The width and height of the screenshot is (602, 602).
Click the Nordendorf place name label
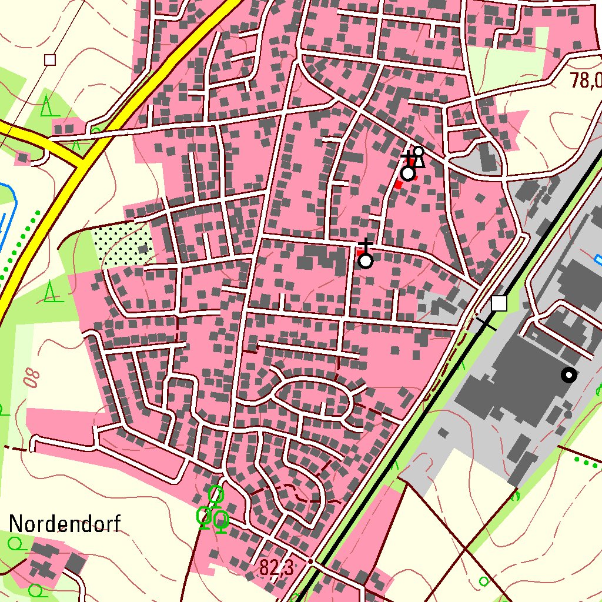click(65, 523)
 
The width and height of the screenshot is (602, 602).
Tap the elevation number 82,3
click(276, 568)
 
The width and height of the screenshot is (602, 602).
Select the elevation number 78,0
click(586, 80)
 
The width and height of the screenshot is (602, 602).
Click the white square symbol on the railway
click(499, 303)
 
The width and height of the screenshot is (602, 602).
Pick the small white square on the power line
click(50, 59)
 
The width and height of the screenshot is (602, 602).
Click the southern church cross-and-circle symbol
click(366, 259)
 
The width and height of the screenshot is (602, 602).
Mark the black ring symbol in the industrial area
click(568, 374)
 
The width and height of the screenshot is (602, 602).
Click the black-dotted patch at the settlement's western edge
click(122, 245)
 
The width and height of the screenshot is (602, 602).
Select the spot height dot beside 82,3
click(311, 561)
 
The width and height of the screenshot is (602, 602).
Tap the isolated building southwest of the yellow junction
click(23, 158)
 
